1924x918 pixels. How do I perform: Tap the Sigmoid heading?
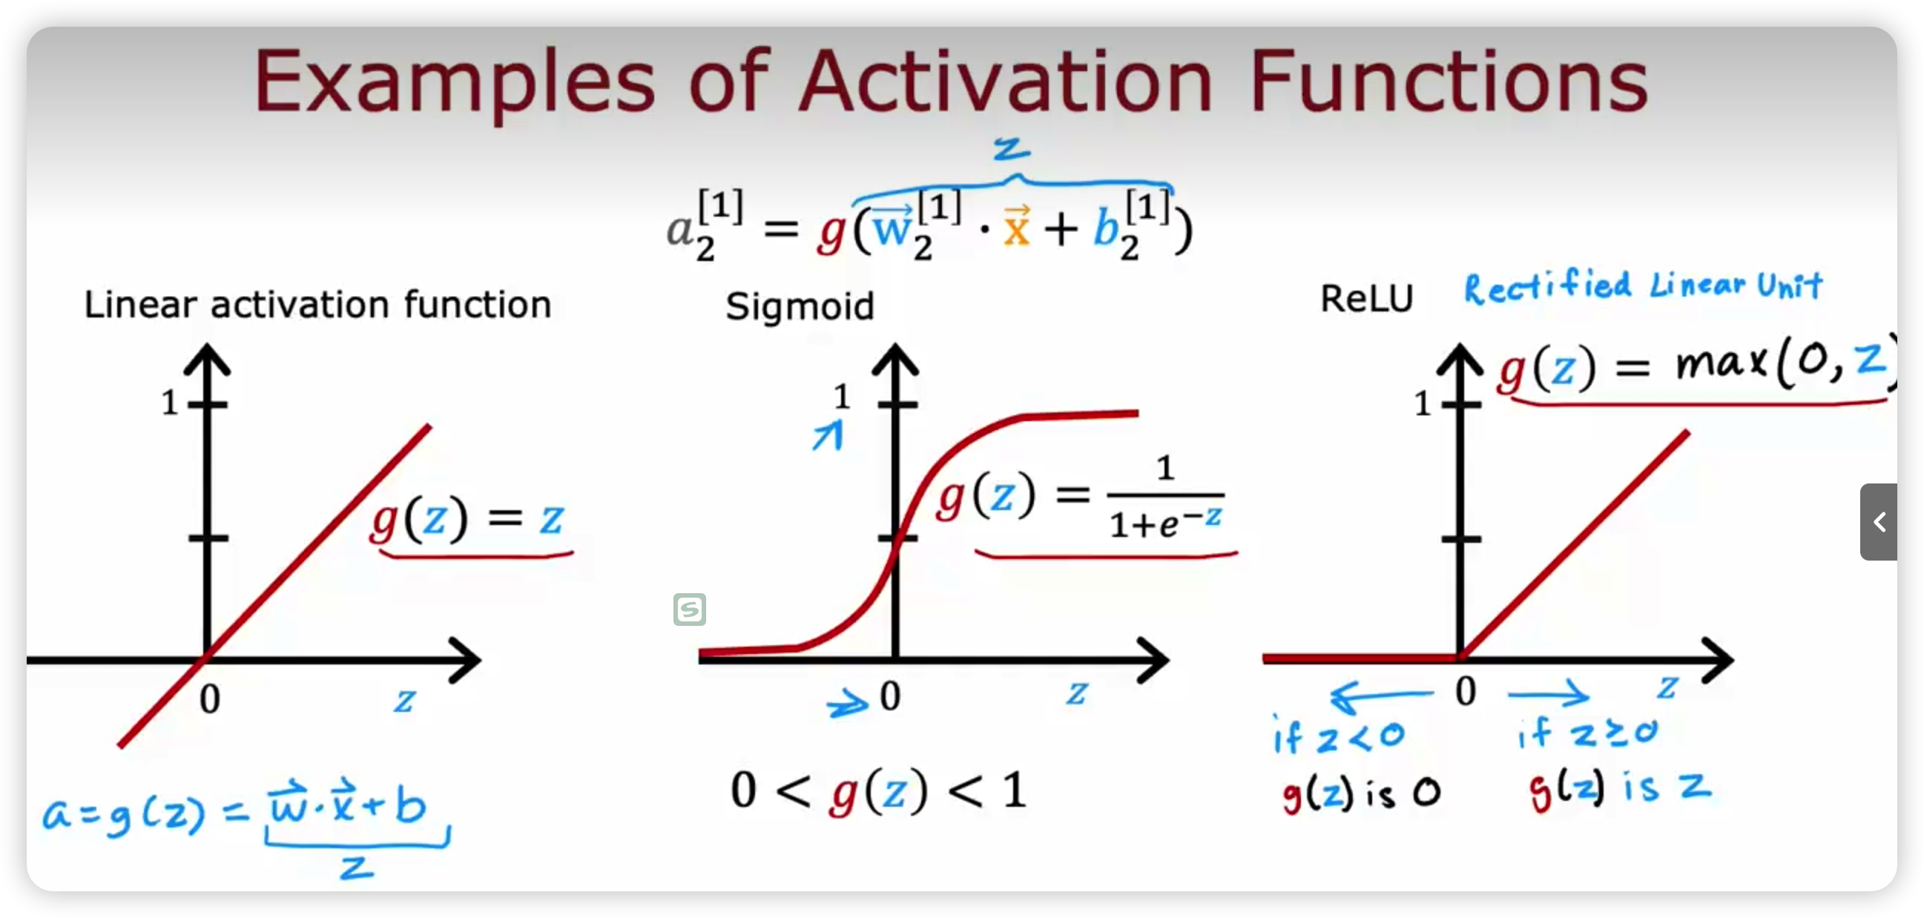[800, 306]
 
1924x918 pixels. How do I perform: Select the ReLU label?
[1367, 299]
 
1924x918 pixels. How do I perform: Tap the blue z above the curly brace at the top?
[1012, 148]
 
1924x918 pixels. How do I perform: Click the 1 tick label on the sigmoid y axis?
[842, 397]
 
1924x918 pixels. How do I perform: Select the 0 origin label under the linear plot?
[210, 699]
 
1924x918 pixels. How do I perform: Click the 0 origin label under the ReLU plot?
[1466, 691]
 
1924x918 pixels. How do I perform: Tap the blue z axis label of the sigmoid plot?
[1076, 693]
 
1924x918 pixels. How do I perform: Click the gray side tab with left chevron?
[1879, 521]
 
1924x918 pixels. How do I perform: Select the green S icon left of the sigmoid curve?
[689, 610]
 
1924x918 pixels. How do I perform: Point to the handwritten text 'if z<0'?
[1339, 735]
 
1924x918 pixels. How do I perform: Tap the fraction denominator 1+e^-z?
[1165, 522]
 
